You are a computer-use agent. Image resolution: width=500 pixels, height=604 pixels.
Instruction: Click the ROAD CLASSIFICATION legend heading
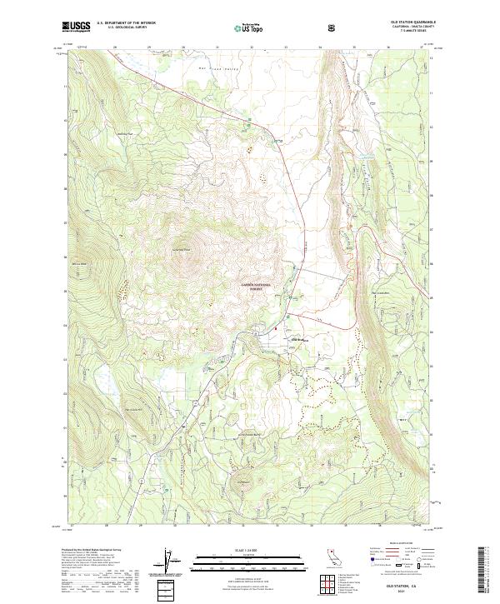[x=397, y=542]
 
